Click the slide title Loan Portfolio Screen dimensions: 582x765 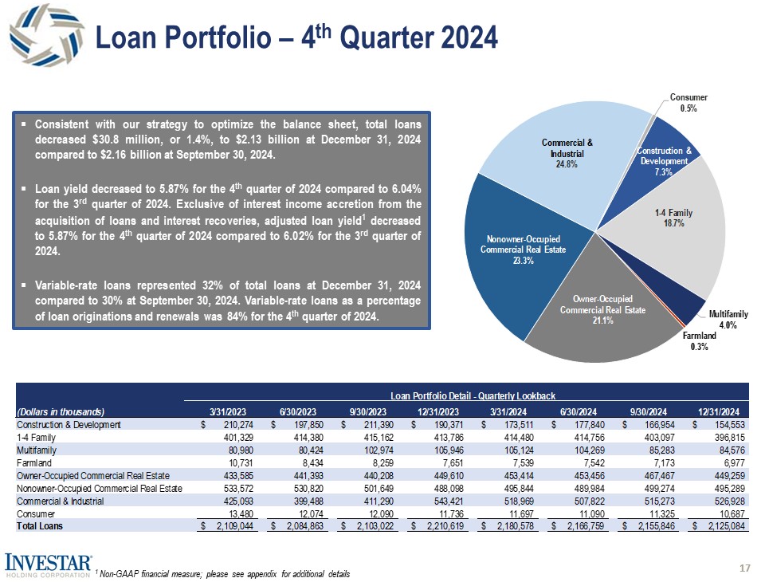click(x=295, y=37)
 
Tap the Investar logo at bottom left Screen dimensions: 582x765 click(x=49, y=564)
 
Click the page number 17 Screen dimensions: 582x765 click(x=745, y=568)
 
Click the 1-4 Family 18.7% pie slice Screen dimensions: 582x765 click(x=669, y=219)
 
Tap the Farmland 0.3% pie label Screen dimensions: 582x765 click(x=700, y=341)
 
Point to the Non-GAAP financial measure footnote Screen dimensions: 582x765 click(x=223, y=574)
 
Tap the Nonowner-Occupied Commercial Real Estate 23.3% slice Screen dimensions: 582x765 click(x=510, y=255)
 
